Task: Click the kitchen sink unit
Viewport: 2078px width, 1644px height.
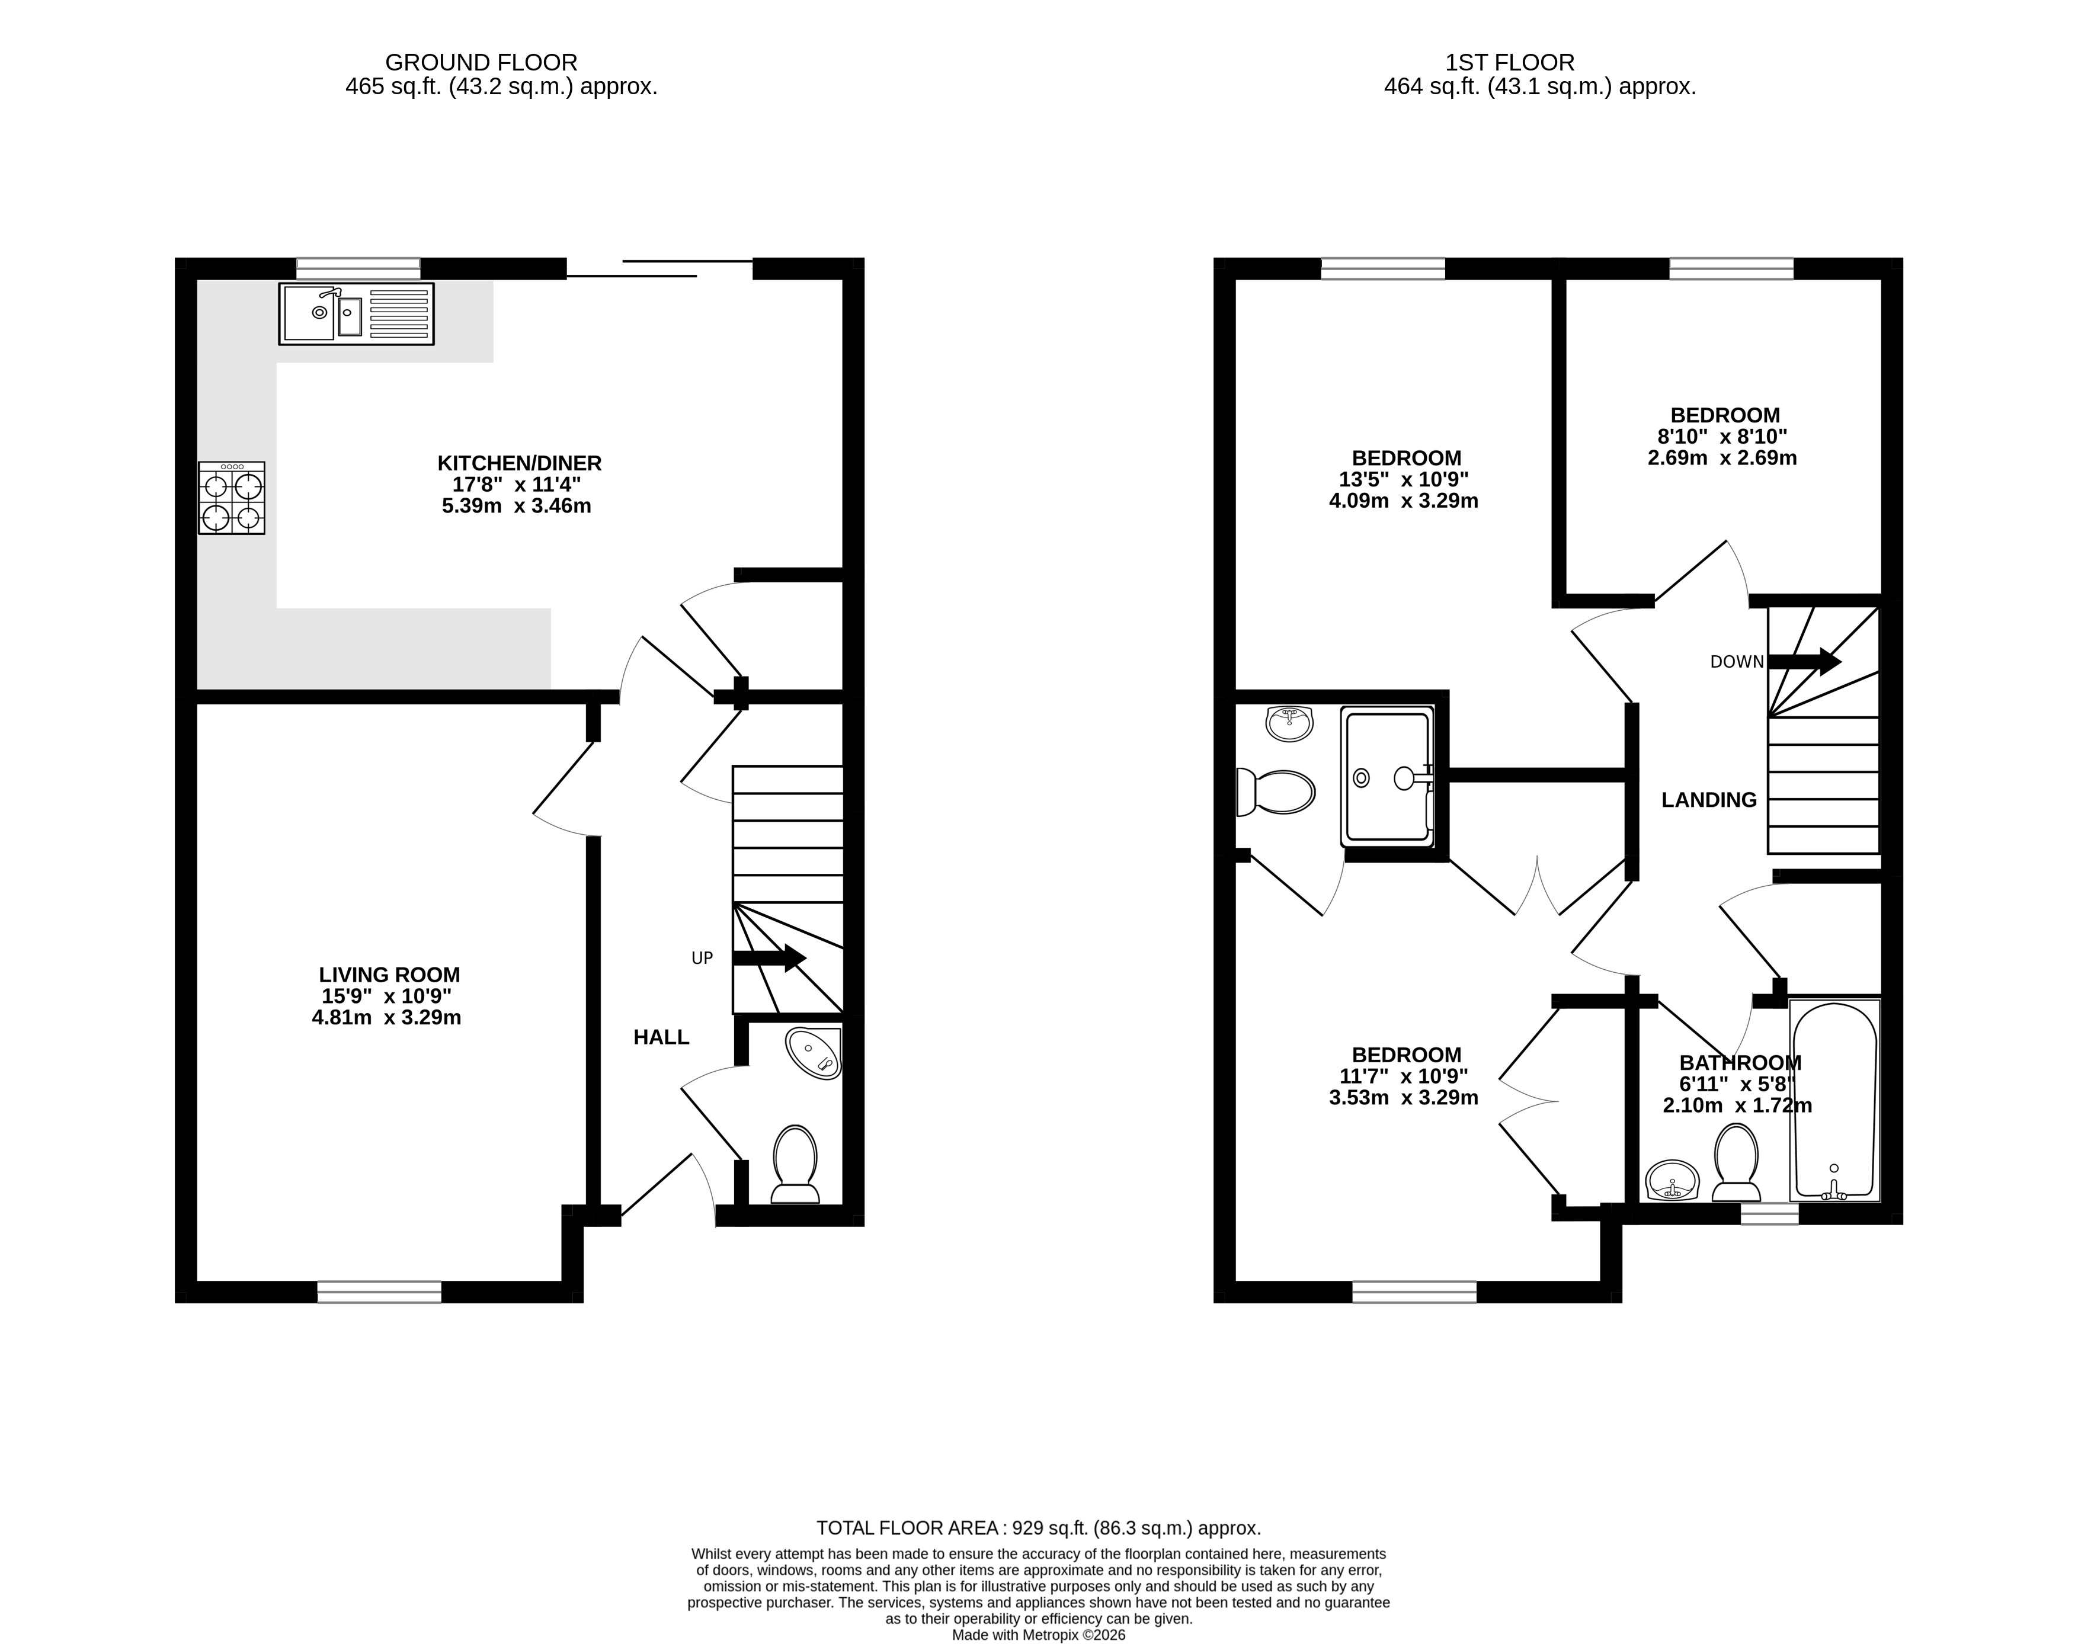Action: [x=356, y=314]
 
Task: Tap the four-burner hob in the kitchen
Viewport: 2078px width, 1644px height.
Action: [x=232, y=498]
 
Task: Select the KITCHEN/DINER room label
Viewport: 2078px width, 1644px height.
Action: [x=520, y=463]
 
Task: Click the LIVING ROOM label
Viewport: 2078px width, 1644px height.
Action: [x=390, y=975]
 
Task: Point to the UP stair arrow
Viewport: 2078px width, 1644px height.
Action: [x=769, y=958]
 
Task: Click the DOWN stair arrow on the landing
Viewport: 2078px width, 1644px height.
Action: [x=1805, y=661]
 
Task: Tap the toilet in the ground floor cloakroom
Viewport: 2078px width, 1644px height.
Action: [x=795, y=1164]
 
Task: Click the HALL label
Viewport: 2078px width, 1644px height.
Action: [x=661, y=1037]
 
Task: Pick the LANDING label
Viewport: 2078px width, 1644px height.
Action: [x=1709, y=800]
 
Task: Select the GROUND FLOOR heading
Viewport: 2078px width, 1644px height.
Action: [x=481, y=63]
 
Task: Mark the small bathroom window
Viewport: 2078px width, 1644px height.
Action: [x=1769, y=1214]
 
